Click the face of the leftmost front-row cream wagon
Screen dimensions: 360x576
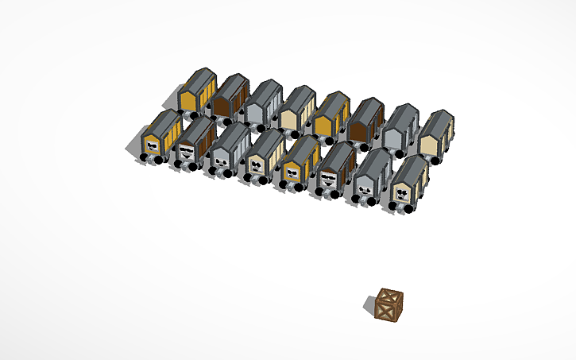(x=256, y=165)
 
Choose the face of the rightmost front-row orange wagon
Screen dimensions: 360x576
(x=292, y=170)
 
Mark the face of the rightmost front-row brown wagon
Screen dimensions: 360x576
(x=328, y=177)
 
